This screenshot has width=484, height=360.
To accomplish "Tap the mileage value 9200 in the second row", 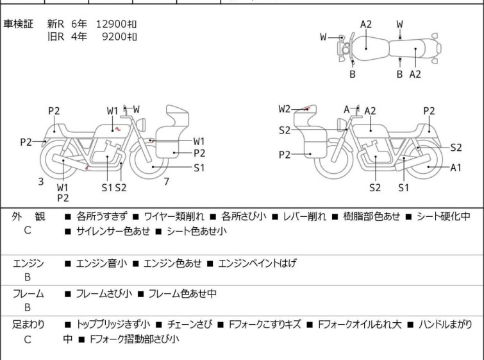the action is coord(114,37).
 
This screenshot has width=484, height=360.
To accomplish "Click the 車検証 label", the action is coord(18,24).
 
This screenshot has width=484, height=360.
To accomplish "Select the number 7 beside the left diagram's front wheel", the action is coord(167,182).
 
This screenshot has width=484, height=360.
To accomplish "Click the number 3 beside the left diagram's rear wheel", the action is coord(41,182).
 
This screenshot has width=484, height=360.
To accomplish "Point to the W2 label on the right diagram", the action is coord(284,109).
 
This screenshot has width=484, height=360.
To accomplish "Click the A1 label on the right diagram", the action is coord(456,167).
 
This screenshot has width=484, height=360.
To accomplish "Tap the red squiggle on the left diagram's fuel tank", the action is coord(117,128).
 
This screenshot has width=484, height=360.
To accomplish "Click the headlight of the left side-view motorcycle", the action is coord(141,124).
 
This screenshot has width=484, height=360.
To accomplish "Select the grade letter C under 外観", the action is coord(28,230).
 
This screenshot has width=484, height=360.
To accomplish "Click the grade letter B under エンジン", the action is coord(28,277).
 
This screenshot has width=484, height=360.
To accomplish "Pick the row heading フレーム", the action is coord(28,293).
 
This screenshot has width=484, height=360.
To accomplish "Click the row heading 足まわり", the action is coord(28,325).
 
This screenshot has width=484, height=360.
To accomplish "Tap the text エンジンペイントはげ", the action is coord(257,263).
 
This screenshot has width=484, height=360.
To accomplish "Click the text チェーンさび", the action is coord(190,325).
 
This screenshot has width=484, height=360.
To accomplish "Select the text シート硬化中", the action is coord(443,216).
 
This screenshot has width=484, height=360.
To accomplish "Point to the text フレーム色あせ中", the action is coord(183,293).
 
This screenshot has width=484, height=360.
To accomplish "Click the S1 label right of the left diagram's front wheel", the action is coord(199,167).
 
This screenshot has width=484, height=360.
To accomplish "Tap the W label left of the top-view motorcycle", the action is coord(323,37).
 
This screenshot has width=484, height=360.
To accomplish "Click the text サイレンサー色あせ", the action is coord(113,231).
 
